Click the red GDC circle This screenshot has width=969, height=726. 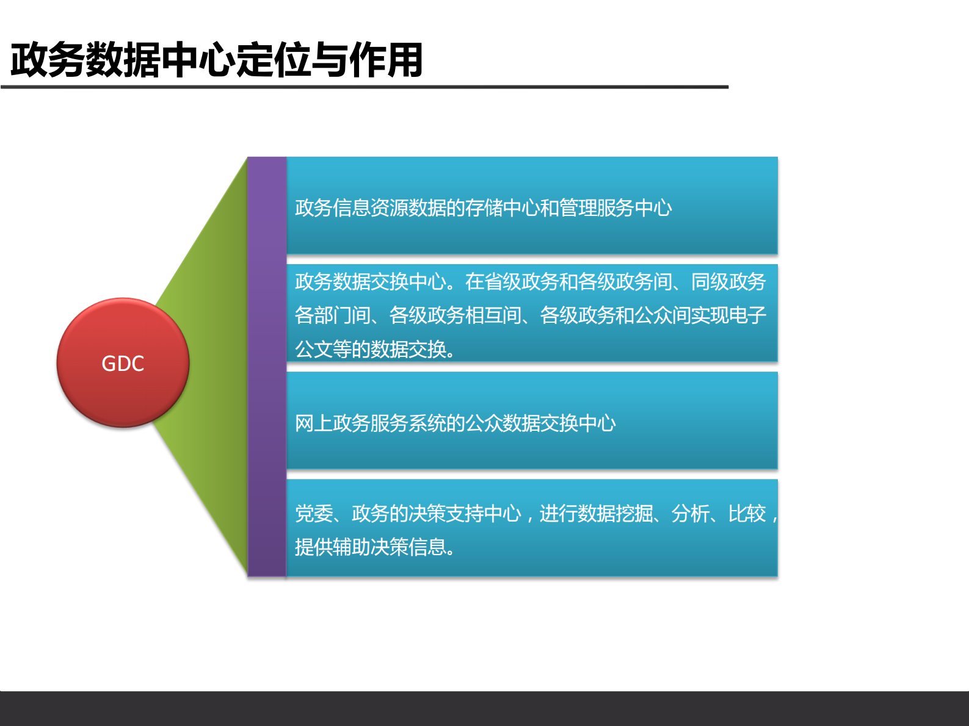click(x=123, y=362)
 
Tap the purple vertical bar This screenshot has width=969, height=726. click(x=267, y=366)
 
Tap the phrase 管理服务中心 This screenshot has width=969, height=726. click(x=615, y=208)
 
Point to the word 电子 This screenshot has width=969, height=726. click(x=747, y=315)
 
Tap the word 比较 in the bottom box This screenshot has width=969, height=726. click(x=747, y=514)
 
